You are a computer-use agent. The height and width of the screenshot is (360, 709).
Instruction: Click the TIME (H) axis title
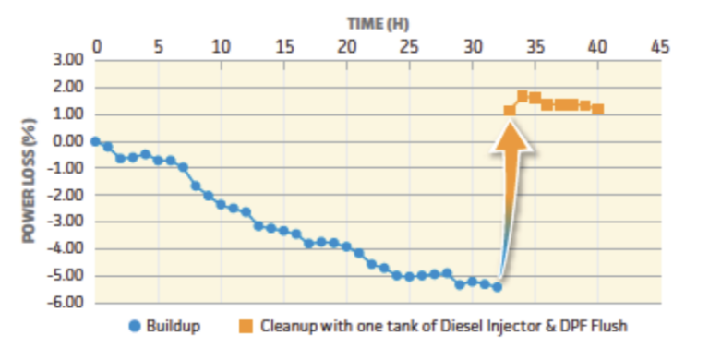pyautogui.click(x=379, y=21)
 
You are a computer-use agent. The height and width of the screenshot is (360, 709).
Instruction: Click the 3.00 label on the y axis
pyautogui.click(x=67, y=61)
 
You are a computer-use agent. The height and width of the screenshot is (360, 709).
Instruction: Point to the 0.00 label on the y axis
pyautogui.click(x=67, y=141)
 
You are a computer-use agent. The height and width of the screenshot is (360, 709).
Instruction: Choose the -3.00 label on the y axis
pyautogui.click(x=66, y=222)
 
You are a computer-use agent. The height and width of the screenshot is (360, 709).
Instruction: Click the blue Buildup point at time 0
pyautogui.click(x=95, y=141)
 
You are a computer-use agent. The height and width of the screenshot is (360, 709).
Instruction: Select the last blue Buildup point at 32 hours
pyautogui.click(x=497, y=287)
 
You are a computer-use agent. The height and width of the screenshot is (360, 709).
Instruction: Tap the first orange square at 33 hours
pyautogui.click(x=510, y=111)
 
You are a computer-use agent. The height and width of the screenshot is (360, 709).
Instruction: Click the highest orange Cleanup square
pyautogui.click(x=523, y=96)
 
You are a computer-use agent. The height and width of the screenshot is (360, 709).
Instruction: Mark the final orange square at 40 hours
pyautogui.click(x=598, y=109)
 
